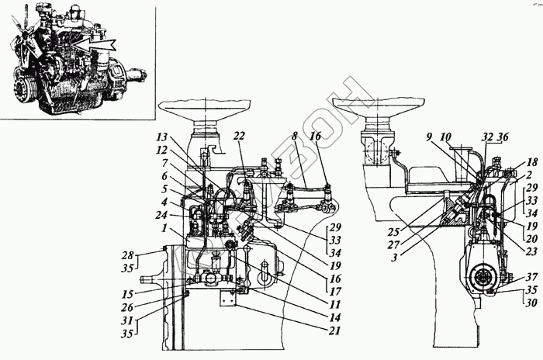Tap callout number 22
coord(240,136)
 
